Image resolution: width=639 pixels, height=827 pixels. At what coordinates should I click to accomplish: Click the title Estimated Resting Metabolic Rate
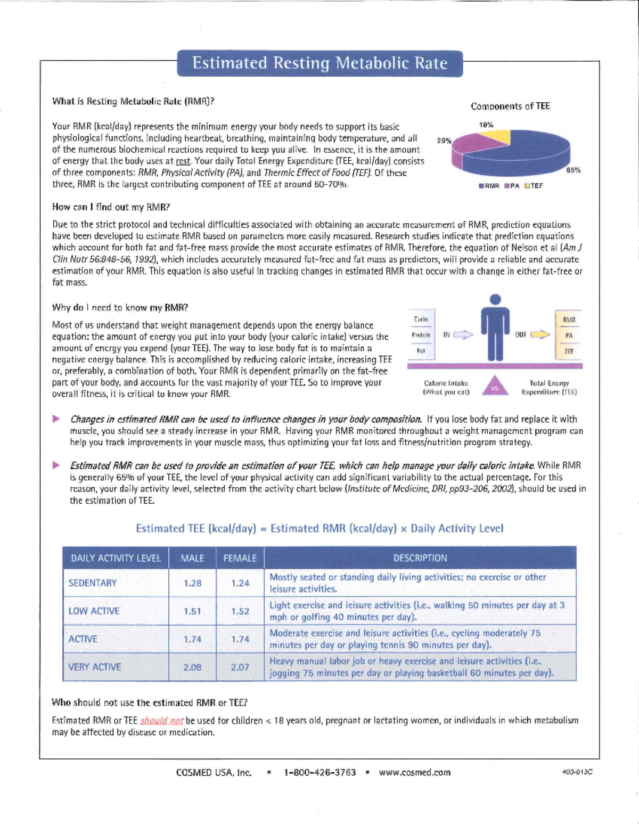pyautogui.click(x=319, y=63)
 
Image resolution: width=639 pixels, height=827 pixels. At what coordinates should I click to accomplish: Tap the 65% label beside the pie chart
pyautogui.click(x=573, y=170)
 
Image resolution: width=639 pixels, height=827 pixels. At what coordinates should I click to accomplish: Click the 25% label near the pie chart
pyautogui.click(x=444, y=141)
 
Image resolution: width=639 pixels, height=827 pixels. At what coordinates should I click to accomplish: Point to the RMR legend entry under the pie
pyautogui.click(x=489, y=186)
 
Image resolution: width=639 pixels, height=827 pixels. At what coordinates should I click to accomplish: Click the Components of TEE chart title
pyautogui.click(x=510, y=107)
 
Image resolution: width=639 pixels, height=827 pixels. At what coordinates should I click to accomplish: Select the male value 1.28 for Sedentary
pyautogui.click(x=192, y=583)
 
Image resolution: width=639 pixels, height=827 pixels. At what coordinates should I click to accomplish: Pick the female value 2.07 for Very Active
pyautogui.click(x=240, y=667)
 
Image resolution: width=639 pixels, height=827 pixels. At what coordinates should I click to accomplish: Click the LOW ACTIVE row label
pyautogui.click(x=94, y=611)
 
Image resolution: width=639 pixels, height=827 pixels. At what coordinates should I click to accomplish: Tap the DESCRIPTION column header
pyautogui.click(x=420, y=558)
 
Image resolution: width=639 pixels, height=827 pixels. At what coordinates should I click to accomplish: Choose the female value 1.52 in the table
pyautogui.click(x=240, y=611)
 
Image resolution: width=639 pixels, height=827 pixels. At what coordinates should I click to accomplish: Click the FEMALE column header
pyautogui.click(x=240, y=558)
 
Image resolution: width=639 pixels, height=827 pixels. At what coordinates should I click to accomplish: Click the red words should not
pyautogui.click(x=162, y=720)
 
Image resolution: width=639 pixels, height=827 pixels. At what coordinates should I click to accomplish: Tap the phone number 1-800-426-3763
pyautogui.click(x=319, y=772)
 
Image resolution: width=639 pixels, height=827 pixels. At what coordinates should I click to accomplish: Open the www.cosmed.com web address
pyautogui.click(x=414, y=772)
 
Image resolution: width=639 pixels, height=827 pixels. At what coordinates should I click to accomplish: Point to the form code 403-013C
pyautogui.click(x=577, y=772)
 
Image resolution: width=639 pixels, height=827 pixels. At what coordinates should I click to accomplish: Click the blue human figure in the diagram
pyautogui.click(x=495, y=330)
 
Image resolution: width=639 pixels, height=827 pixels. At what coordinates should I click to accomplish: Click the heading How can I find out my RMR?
pyautogui.click(x=111, y=207)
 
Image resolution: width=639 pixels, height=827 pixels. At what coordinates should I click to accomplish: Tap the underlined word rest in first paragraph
pyautogui.click(x=183, y=161)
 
